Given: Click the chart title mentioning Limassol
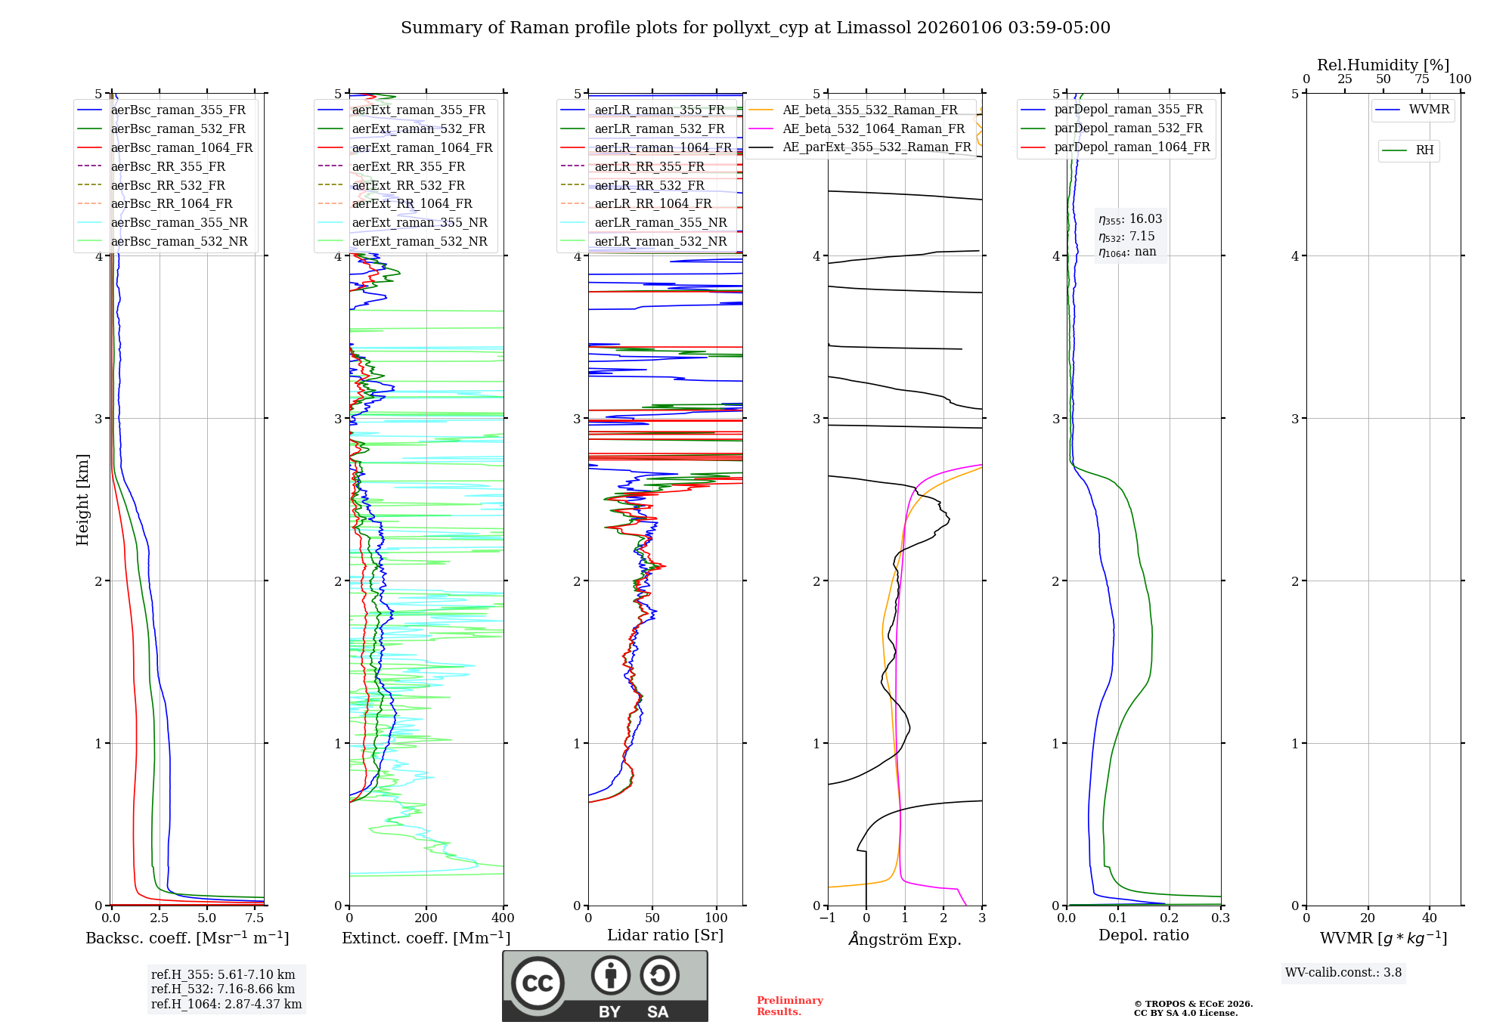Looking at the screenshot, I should coord(755,28).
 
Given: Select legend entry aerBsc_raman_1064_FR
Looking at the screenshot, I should coord(181,147).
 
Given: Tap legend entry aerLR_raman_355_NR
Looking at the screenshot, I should coord(660,222).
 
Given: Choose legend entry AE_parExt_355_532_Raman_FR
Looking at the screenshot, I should coord(876,147).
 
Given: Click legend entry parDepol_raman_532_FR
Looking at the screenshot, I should coord(1128,128).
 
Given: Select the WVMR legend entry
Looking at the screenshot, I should coord(1428,110).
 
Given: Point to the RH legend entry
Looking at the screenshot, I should coord(1424,150).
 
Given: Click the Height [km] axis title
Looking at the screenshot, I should coord(82,499).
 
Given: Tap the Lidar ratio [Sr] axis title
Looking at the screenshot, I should coord(665,935).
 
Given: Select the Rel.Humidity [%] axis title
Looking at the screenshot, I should coord(1383,65).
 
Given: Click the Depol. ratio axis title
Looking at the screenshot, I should coord(1143,935).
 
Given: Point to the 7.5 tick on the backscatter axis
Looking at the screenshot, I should coord(255,918).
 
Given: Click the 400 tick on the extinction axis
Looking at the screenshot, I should coord(503,918).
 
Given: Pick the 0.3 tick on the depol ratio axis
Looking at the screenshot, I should coord(1220,918).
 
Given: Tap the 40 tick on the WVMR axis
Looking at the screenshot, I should coord(1429,918).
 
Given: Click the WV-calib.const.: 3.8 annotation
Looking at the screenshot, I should coord(1343,973).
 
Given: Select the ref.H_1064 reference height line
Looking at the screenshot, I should coord(226,1005).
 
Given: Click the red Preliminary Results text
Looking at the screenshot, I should coord(789,1006).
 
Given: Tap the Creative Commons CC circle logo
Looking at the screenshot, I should coord(538,983).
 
